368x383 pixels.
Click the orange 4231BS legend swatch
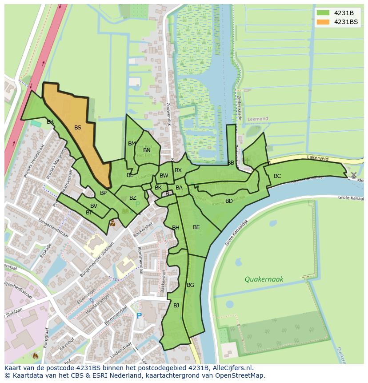coord(323,22)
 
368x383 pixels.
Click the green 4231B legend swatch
coord(323,12)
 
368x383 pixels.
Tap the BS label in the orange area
coord(78,128)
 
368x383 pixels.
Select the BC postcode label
coord(277,176)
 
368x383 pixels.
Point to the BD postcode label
coord(229,201)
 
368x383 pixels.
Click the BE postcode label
coord(196,227)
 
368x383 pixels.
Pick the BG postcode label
coord(190,285)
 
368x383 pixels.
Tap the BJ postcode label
coord(176,305)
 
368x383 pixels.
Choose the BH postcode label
coord(176,228)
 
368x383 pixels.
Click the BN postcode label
coord(147,150)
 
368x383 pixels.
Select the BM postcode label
coord(132,144)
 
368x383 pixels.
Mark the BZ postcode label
coord(133,198)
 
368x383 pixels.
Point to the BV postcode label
coord(94,206)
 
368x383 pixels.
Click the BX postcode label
coord(178,170)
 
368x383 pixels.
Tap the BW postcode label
coord(164,176)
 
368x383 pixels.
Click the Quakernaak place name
coord(264,279)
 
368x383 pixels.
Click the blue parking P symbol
coord(139,316)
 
